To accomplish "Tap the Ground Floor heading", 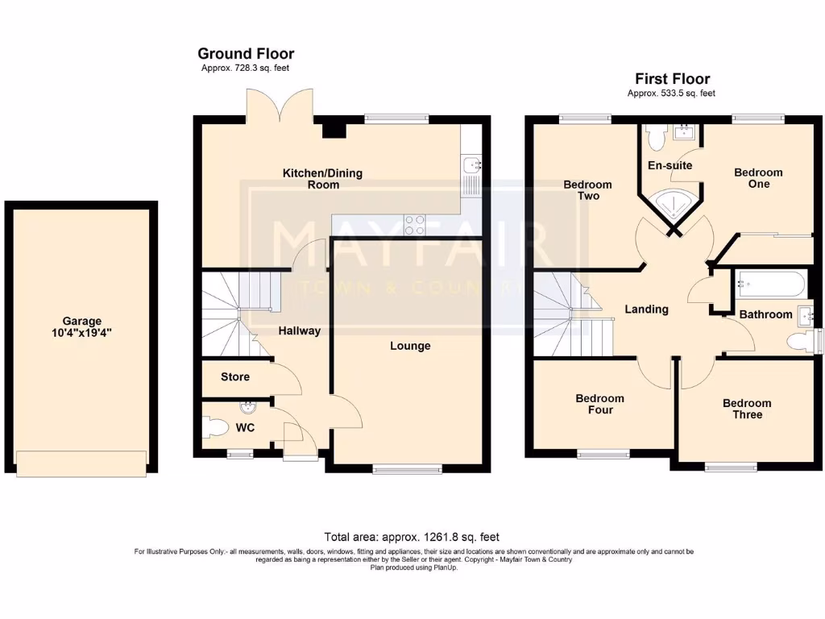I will coord(246,54).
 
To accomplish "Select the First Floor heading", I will coord(672,79).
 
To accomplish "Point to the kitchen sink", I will coord(471,166).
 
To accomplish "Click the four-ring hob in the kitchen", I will coord(414,224).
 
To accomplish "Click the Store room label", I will coord(234,376).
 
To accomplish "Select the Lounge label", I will coord(410,346).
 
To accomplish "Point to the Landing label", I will coord(646,309).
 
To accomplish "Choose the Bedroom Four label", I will coord(599,404).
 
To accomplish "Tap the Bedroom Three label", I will coord(746,409).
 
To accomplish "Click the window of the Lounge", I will coord(407,468).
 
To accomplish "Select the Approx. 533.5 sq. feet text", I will coord(671,93).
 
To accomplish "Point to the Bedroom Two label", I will coord(587,190).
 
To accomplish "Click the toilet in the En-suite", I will coord(654,138).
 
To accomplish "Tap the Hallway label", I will coord(299,330).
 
